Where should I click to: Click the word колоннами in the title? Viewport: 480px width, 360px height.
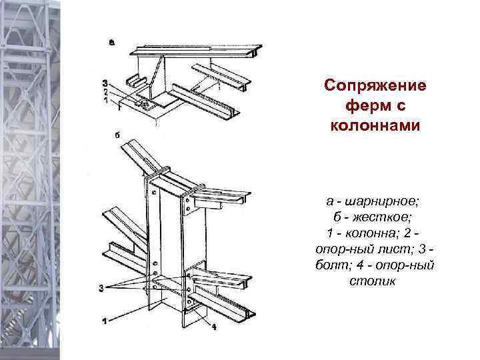[x=375, y=126]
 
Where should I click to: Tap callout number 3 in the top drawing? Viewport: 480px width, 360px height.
[x=105, y=83]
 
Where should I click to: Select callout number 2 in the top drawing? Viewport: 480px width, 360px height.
[x=105, y=91]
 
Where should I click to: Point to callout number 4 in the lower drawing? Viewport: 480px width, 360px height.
[x=214, y=327]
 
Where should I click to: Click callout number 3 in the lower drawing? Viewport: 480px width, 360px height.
[x=102, y=287]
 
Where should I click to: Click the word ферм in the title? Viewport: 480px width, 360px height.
[x=375, y=106]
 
